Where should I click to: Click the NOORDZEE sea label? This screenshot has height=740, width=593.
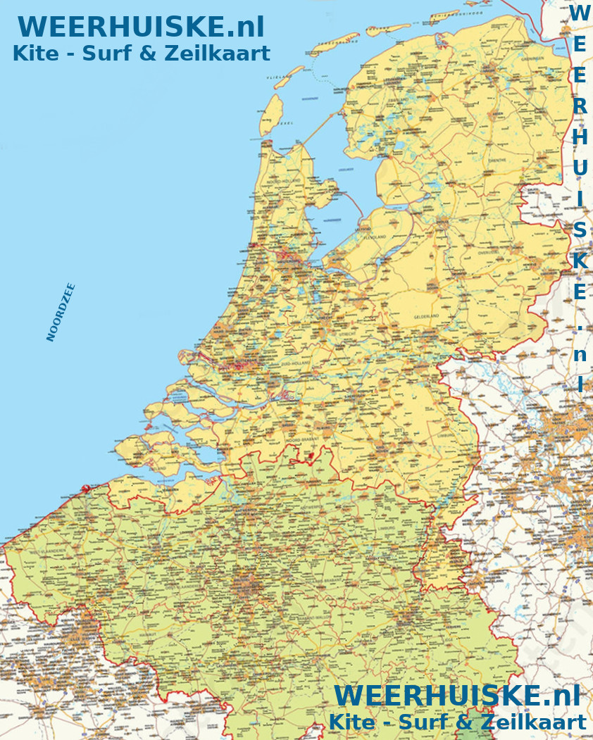(x=61, y=312)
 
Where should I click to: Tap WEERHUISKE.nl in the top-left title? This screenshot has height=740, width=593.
(x=141, y=27)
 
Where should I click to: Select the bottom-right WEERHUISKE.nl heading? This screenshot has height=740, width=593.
(x=457, y=695)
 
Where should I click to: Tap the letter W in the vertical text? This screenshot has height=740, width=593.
(x=579, y=13)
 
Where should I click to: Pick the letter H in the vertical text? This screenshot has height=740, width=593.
(x=579, y=137)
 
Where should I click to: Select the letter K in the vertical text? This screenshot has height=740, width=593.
(x=579, y=261)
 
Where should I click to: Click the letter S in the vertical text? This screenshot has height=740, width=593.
(x=579, y=230)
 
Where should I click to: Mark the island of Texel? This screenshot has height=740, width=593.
(x=272, y=115)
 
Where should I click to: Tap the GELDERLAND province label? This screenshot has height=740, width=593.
(x=426, y=316)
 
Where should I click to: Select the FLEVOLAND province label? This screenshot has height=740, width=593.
(x=373, y=237)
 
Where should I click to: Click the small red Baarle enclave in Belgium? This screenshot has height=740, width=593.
(x=308, y=458)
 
